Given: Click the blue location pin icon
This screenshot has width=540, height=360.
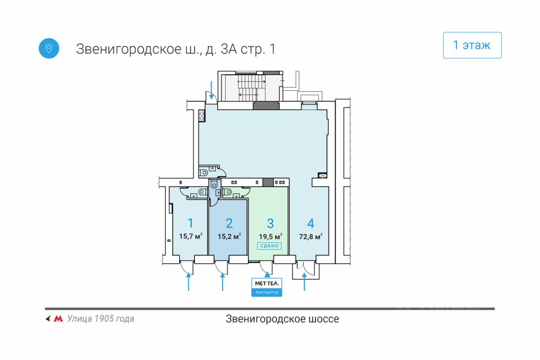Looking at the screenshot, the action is pyautogui.click(x=49, y=48).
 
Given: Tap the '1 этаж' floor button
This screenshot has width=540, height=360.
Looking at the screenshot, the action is pyautogui.click(x=472, y=45).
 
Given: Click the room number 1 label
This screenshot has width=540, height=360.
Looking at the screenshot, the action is pyautogui.click(x=190, y=223).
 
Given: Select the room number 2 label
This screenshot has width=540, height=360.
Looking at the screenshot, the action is pyautogui.click(x=229, y=223).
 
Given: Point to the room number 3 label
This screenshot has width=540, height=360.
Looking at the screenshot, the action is pyautogui.click(x=270, y=223).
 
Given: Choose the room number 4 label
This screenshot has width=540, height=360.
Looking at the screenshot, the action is pyautogui.click(x=310, y=223).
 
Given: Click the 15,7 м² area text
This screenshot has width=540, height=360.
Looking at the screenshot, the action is pyautogui.click(x=190, y=236).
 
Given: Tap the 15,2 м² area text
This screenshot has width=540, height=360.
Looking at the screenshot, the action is pyautogui.click(x=229, y=236).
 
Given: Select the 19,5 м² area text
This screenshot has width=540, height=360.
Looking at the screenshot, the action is pyautogui.click(x=270, y=236).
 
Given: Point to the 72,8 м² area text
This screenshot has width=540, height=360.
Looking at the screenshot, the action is pyautogui.click(x=310, y=236).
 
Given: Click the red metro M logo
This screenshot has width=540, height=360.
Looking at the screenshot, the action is pyautogui.click(x=58, y=319).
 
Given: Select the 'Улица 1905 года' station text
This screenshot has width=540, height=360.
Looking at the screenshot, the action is pyautogui.click(x=100, y=319).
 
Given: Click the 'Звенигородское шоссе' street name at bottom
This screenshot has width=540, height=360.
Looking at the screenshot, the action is pyautogui.click(x=282, y=319).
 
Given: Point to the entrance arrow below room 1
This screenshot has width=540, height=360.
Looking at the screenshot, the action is pyautogui.click(x=188, y=282).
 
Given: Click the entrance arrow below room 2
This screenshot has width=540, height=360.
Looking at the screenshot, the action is pyautogui.click(x=223, y=282).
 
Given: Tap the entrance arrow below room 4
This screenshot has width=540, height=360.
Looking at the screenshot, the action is pyautogui.click(x=304, y=282).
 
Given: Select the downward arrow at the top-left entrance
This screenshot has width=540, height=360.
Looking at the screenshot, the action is pyautogui.click(x=211, y=90).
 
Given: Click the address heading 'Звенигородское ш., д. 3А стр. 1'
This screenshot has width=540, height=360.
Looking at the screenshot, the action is pyautogui.click(x=176, y=49).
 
